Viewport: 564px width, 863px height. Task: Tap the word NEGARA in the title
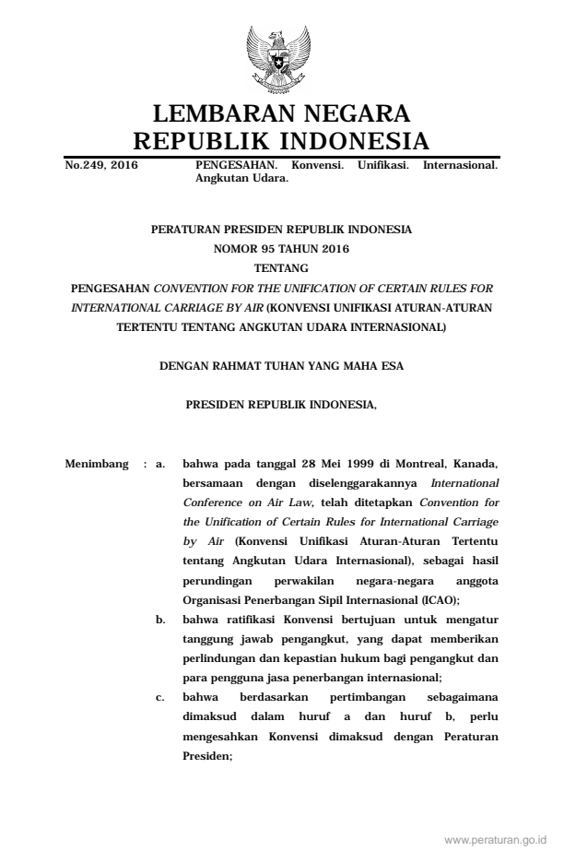tap(349, 115)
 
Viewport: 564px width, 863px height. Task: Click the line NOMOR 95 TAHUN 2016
tap(282, 246)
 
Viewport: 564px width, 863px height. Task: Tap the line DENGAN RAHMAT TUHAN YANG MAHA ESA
tap(281, 365)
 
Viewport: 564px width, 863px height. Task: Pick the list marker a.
tap(160, 464)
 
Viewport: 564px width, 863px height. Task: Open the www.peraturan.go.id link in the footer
tap(495, 840)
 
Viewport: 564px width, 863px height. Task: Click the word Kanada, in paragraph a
tap(477, 464)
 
